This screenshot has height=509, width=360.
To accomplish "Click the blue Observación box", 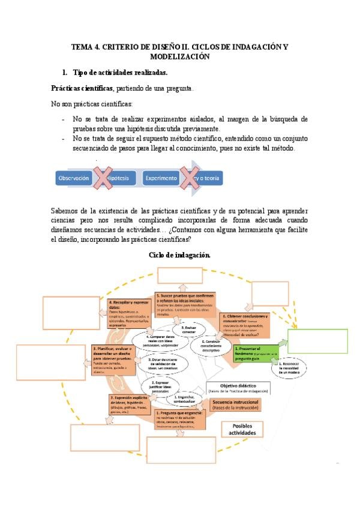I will [x=73, y=178].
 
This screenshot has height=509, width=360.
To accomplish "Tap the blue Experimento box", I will [x=160, y=178].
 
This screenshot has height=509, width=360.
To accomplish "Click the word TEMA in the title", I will [x=82, y=46].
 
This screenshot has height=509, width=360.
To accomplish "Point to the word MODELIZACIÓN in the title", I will [x=179, y=56].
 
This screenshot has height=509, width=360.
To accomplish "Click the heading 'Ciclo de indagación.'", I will [x=179, y=255].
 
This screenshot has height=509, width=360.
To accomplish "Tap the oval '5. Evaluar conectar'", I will [x=188, y=329].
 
